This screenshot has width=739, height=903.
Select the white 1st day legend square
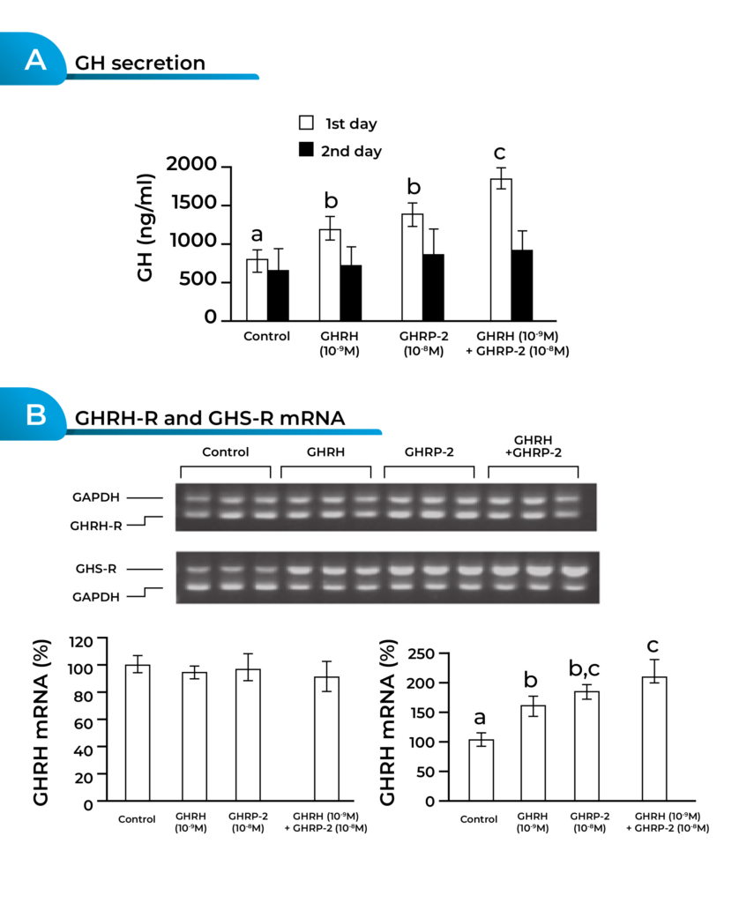coord(307,123)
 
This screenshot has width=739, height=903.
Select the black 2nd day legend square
coord(307,150)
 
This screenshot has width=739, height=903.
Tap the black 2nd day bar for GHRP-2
coord(433,287)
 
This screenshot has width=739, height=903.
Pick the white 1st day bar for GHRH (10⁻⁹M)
coord(330,274)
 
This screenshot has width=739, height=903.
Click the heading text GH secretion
coord(140,63)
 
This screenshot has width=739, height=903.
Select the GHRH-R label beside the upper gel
coord(98,525)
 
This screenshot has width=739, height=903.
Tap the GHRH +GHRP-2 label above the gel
coord(533,445)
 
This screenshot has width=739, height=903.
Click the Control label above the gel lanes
coord(225,451)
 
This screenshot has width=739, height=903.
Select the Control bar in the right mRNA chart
coord(481,770)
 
